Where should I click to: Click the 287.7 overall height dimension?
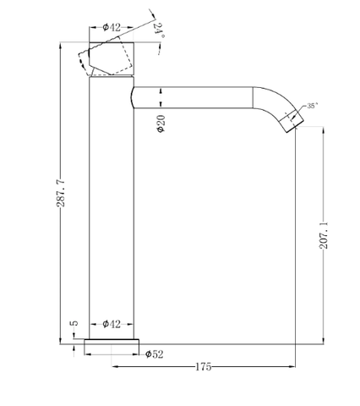[x=61, y=193]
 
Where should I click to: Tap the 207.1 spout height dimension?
[x=324, y=235]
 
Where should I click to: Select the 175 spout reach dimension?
[x=203, y=367]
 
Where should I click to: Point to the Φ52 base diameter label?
[x=154, y=354]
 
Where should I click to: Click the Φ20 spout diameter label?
[x=161, y=123]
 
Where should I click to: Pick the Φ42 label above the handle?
[x=112, y=27]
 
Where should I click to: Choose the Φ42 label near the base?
[x=112, y=324]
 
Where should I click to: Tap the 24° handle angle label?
[x=160, y=30]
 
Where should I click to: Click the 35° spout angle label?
[x=313, y=106]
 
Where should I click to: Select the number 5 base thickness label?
[x=75, y=323]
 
